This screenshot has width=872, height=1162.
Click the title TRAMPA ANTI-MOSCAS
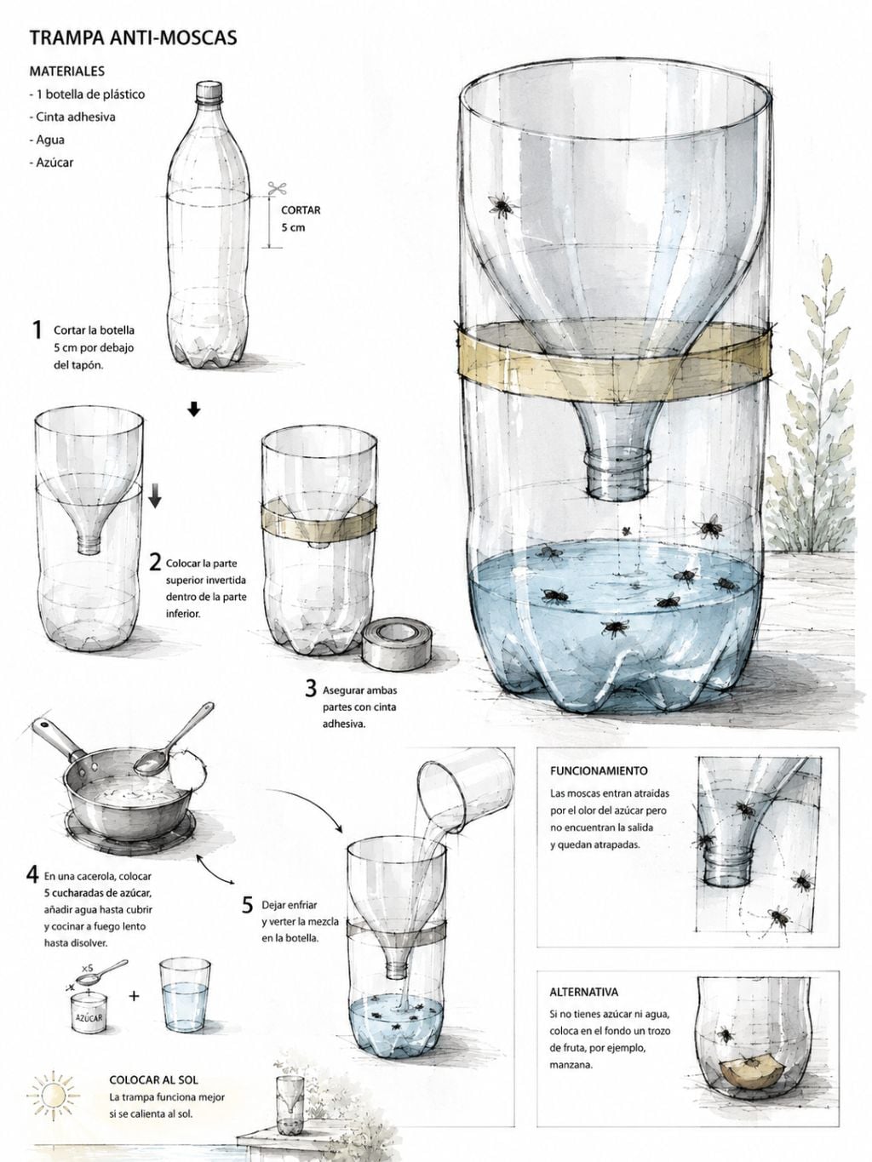click(x=133, y=38)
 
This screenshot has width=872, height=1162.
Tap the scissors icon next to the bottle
click(x=277, y=188)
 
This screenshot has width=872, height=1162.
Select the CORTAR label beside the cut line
click(x=301, y=209)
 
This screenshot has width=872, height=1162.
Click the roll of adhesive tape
click(x=397, y=644)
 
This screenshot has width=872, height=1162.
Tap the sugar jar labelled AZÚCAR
click(x=89, y=1013)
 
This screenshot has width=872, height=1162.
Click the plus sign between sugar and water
click(x=134, y=996)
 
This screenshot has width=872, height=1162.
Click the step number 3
click(x=312, y=689)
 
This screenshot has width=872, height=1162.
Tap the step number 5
click(x=247, y=905)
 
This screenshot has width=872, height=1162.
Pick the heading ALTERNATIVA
click(x=583, y=992)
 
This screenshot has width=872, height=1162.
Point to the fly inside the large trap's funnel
click(x=502, y=205)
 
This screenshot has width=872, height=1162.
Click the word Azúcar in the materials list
click(x=54, y=162)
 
